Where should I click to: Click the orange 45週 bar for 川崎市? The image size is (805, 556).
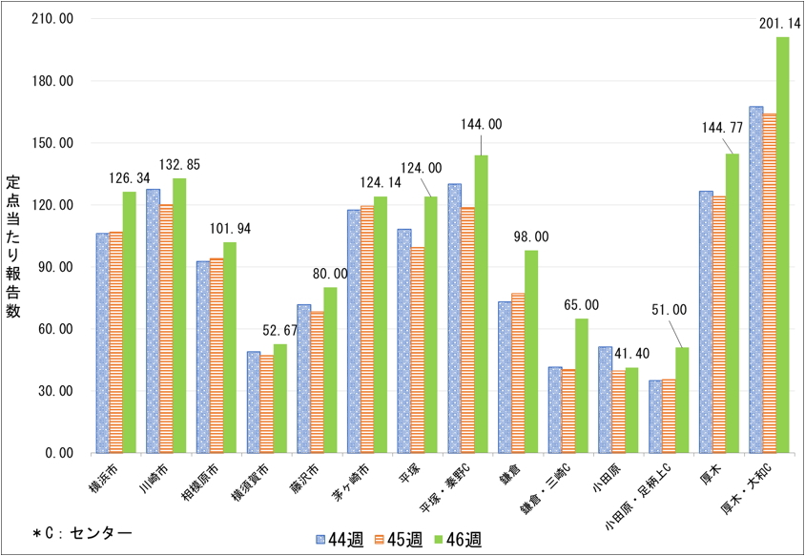coord(166,328)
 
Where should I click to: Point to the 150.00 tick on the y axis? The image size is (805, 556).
coord(53,143)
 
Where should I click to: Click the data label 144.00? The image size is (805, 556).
coord(481,124)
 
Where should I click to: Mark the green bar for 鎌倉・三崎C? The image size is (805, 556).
coord(581,385)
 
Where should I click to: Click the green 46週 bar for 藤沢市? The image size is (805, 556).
coord(330,370)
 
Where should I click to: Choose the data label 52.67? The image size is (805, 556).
coord(280,331)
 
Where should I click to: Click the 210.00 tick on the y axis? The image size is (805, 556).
coord(53,19)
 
